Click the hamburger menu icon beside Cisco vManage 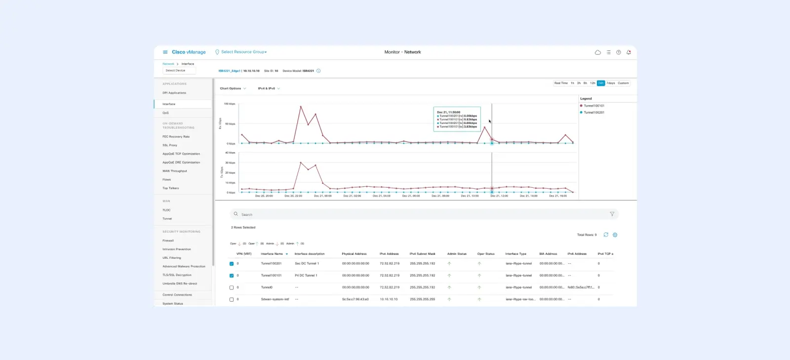click(165, 52)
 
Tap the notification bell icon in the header click(629, 52)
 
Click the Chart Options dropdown click(233, 88)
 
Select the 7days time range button click(611, 83)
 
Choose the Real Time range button click(561, 83)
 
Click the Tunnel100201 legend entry click(593, 113)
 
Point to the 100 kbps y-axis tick click(230, 104)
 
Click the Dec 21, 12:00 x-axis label click(499, 196)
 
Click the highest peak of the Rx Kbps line click(301, 106)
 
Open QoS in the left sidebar click(166, 113)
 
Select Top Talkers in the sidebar click(171, 188)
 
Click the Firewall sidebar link click(168, 240)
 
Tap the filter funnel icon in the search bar click(612, 214)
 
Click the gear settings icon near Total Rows click(615, 235)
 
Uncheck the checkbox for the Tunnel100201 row click(232, 264)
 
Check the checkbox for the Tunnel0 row click(232, 287)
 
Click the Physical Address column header click(354, 254)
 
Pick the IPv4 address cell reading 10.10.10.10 click(389, 299)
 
